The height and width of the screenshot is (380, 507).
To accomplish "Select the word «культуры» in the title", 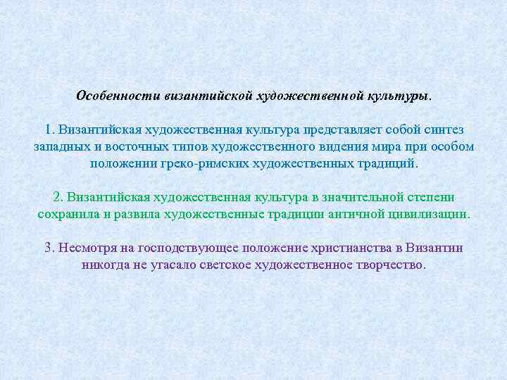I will click(x=397, y=95).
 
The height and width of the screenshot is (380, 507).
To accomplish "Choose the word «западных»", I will click(x=61, y=147).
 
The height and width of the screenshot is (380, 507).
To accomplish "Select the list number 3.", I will click(x=49, y=248).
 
